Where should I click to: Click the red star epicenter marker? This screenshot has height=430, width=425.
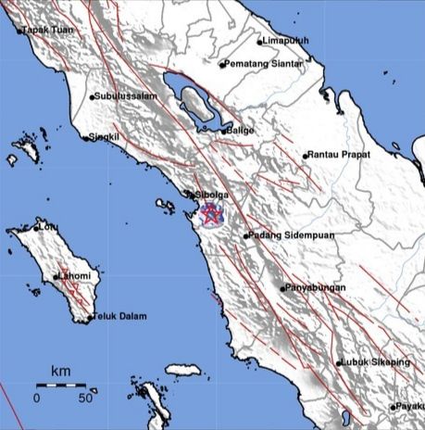point(212,215)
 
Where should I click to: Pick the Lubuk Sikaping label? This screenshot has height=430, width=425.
point(375,362)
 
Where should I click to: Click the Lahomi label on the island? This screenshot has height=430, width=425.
point(75,276)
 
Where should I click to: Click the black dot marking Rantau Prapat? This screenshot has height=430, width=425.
point(305,155)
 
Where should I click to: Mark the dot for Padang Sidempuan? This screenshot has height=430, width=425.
point(245,236)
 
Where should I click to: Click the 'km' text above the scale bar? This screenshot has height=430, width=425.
point(60,371)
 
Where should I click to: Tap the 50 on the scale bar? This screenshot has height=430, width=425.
point(85,397)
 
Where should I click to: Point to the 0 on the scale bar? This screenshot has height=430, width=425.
point(36,397)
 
